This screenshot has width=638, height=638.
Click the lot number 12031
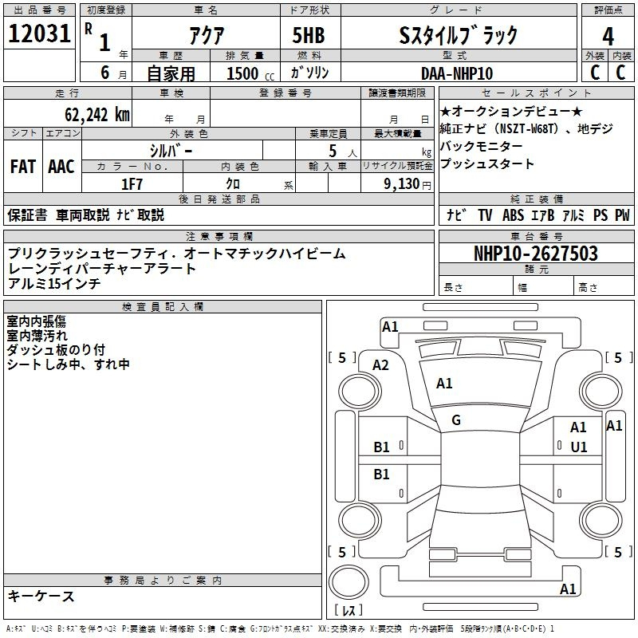tap(39, 33)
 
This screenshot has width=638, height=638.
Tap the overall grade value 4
tap(608, 36)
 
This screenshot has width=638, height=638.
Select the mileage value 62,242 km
tap(97, 115)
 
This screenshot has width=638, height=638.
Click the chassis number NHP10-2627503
tap(536, 254)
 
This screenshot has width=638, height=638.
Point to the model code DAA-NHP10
tap(457, 73)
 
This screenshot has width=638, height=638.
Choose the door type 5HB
tap(309, 35)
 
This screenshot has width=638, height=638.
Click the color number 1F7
tap(132, 184)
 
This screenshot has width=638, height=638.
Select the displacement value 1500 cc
tap(250, 73)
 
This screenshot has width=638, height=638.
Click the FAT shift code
tap(23, 167)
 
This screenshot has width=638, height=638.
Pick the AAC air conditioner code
tap(61, 167)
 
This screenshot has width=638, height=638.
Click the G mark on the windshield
tap(456, 420)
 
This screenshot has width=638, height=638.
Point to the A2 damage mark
tap(380, 365)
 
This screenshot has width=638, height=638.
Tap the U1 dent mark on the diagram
tap(579, 447)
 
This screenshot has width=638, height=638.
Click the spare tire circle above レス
tap(349, 582)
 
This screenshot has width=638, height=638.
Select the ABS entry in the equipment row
tap(513, 215)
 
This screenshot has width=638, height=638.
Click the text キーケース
tap(41, 597)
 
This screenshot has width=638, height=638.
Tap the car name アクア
tap(207, 36)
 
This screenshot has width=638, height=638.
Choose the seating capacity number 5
tap(333, 151)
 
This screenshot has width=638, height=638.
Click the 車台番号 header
tap(537, 236)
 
